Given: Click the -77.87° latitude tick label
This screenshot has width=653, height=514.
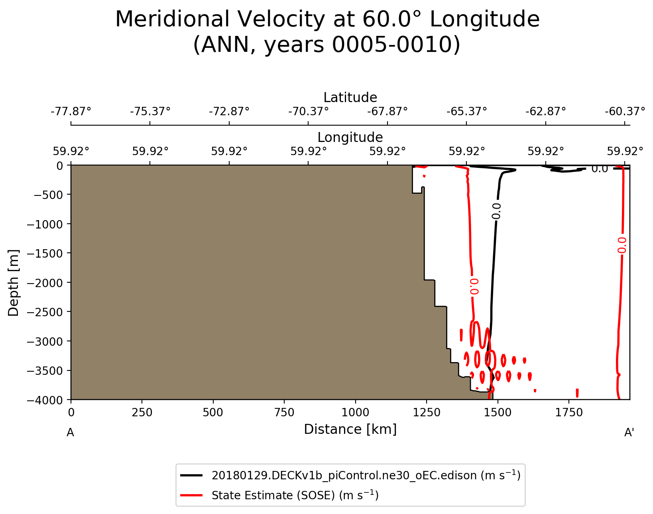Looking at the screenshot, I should pos(71,111).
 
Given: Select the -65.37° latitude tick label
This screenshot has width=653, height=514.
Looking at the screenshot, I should pos(466,111).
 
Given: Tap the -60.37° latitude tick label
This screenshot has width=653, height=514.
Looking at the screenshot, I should pos(625,111).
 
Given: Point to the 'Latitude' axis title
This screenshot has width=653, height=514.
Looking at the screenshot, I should pos(350,98).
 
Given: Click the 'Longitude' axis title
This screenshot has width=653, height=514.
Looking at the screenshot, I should pos(350,138).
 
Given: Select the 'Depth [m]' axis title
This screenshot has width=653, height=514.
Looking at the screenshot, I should pos(14,283).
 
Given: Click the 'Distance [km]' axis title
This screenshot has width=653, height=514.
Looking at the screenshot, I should pos(350,429).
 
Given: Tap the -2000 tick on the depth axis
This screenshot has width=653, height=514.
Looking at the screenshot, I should pos(45,283).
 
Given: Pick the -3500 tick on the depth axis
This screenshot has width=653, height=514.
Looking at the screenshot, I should pos(45,370).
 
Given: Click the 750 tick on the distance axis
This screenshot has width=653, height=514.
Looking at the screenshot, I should pos(284,413).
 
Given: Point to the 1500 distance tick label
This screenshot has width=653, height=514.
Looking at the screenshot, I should pos(498,413).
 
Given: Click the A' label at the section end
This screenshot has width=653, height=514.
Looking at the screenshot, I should pos(629,433).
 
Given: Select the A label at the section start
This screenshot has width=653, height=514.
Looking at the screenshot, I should pos(70,433).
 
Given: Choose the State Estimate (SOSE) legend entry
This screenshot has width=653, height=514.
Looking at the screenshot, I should pos(295,495).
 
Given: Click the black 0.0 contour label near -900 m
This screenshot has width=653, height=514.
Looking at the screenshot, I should pos(496,211).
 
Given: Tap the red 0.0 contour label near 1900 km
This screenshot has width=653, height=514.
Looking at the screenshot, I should pos(622,245).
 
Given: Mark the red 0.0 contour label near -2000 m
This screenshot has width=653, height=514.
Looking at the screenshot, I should pos(474,286).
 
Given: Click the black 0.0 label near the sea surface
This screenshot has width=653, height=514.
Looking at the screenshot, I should pos(599,169).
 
